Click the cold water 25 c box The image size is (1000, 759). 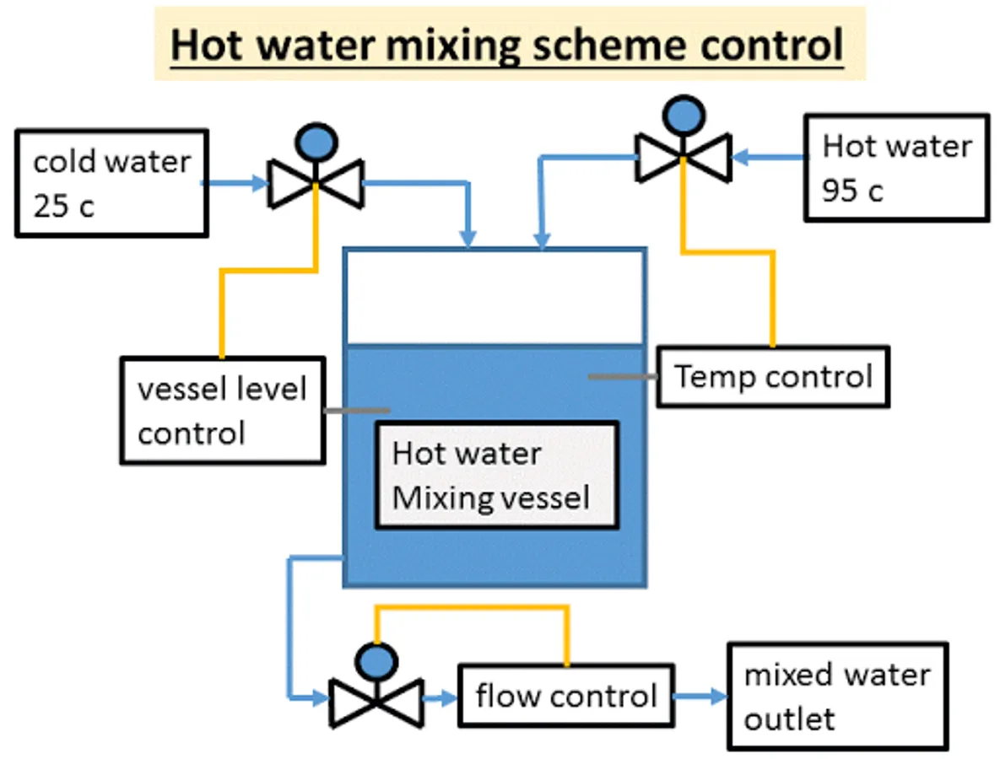(111, 182)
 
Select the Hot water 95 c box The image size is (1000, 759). (896, 168)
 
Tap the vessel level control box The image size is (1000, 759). (222, 411)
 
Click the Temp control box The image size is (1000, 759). (773, 376)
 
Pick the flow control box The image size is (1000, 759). (565, 695)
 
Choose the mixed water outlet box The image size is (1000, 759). (838, 696)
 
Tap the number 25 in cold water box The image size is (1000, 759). (52, 205)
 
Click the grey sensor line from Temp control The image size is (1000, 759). (622, 376)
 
